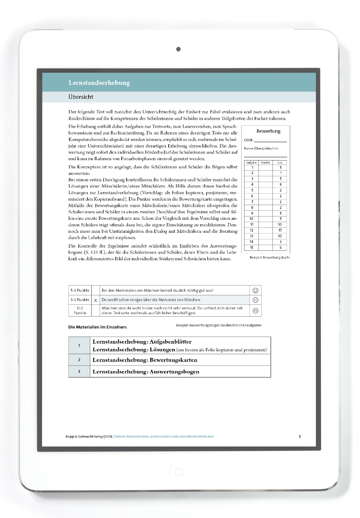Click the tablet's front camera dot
pos(178,49)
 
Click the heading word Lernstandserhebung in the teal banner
pos(99,83)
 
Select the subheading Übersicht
pos(81,97)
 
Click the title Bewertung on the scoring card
pos(268,131)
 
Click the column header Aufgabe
pos(251,163)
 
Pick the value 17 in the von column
pos(280,230)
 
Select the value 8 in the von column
pos(280,184)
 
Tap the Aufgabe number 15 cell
pos(252,248)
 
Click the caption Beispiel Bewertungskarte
pos(269,258)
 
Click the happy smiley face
pos(256,290)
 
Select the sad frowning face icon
pos(256,310)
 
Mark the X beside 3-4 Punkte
pos(95,300)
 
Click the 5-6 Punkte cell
pos(80,290)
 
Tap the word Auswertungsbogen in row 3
pos(174,372)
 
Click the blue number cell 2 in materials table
pos(79,360)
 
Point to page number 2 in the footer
pos(300,436)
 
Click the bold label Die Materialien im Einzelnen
pos(98,327)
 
